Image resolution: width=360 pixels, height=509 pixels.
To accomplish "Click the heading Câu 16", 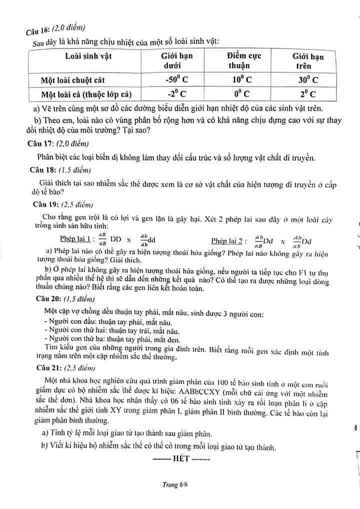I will coord(38,28).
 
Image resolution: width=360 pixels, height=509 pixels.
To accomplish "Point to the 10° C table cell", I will coord(241,79).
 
